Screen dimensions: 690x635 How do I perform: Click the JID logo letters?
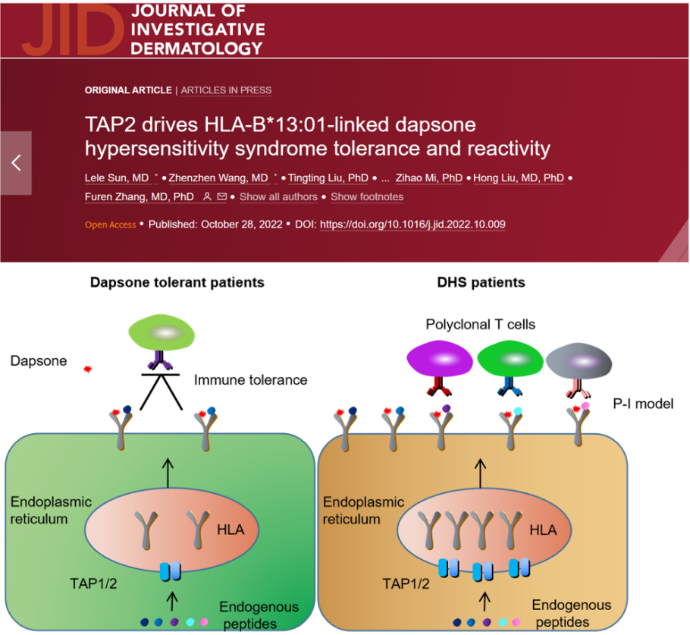(73, 29)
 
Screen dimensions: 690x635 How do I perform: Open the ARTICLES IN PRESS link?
(226, 90)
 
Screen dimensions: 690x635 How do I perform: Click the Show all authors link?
(278, 196)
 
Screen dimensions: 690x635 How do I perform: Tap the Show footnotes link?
(367, 196)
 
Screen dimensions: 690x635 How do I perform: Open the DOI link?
(412, 224)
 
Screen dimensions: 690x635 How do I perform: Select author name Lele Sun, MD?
(117, 178)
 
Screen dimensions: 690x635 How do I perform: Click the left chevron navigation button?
(16, 163)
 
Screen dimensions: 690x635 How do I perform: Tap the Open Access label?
(110, 225)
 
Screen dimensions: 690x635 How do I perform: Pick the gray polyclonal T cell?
(579, 361)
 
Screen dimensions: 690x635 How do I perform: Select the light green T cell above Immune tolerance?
(162, 332)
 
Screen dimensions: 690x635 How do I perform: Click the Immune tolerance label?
(250, 379)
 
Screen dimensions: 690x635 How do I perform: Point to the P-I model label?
(643, 404)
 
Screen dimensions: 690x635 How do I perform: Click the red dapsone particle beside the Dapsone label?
(87, 369)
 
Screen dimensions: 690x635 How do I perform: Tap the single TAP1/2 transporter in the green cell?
(170, 571)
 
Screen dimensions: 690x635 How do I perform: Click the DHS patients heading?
(481, 282)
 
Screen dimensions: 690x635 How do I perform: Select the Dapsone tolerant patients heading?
(177, 282)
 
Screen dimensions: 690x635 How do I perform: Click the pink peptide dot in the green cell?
(204, 622)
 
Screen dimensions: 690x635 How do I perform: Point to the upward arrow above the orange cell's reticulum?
(480, 473)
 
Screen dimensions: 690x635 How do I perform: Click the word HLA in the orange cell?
(543, 530)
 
